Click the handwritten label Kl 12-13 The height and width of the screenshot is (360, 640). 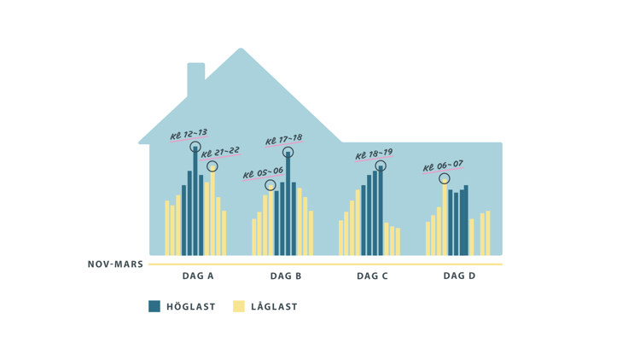(x=189, y=134)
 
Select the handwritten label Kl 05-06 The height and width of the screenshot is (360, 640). (x=263, y=172)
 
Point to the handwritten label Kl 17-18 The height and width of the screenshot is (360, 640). (x=283, y=139)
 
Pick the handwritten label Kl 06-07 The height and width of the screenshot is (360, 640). (x=443, y=165)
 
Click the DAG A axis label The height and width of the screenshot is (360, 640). (x=198, y=276)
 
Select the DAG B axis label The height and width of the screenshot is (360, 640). (x=286, y=276)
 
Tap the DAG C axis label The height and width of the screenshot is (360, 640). (x=373, y=276)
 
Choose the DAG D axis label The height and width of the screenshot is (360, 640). (x=460, y=276)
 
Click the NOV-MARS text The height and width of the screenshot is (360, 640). (x=115, y=264)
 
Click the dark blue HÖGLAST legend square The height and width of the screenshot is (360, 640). (x=154, y=306)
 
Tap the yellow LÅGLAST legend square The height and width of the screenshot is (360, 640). (x=239, y=306)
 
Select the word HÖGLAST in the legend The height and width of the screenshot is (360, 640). (x=191, y=307)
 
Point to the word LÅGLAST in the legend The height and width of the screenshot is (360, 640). (x=275, y=307)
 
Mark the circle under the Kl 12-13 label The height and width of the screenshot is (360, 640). (x=195, y=147)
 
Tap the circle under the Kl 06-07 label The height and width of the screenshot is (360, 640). (x=445, y=179)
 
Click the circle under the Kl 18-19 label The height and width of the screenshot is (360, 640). (x=381, y=166)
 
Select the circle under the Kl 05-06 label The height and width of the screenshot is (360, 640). (x=271, y=185)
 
